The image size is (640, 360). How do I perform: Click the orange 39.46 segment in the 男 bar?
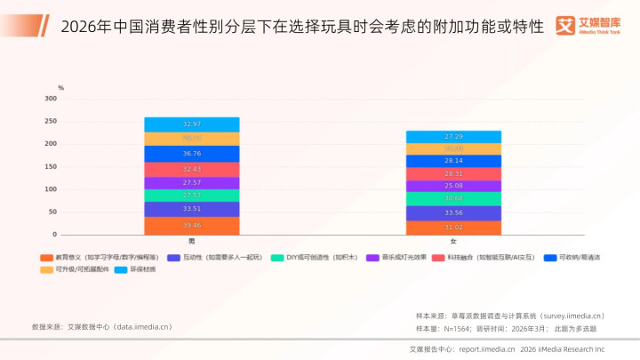192,226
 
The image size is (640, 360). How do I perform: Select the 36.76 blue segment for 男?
192,154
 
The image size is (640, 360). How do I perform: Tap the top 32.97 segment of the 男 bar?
192,124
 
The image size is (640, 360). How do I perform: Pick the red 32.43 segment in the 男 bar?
192,169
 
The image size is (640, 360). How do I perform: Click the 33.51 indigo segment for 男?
192,210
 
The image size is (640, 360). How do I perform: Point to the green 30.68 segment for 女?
453,198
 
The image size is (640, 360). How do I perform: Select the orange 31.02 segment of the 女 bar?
453,228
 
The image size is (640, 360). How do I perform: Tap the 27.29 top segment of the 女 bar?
453,137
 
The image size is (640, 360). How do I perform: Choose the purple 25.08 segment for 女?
453,186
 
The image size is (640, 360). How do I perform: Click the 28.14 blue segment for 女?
453,161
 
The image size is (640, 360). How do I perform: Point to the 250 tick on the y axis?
50,121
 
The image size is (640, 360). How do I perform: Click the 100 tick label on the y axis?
50,189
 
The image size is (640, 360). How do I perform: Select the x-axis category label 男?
192,242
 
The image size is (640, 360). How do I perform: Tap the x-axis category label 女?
453,242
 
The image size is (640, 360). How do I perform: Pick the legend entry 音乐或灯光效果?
404,257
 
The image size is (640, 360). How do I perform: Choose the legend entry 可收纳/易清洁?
578,257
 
